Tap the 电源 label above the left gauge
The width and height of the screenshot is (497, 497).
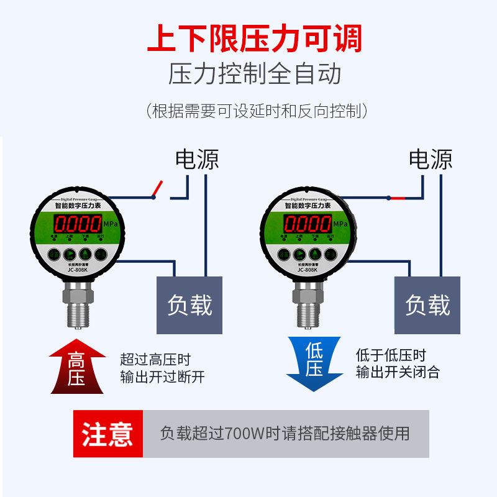[197, 160]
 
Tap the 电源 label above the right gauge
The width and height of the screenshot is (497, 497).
[430, 160]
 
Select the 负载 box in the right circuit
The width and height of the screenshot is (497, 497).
[427, 304]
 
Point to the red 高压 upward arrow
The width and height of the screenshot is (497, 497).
[76, 367]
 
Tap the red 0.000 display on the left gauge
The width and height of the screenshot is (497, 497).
[76, 224]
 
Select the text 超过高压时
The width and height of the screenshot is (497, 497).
[155, 360]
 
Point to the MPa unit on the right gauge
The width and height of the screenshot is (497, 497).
[340, 224]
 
